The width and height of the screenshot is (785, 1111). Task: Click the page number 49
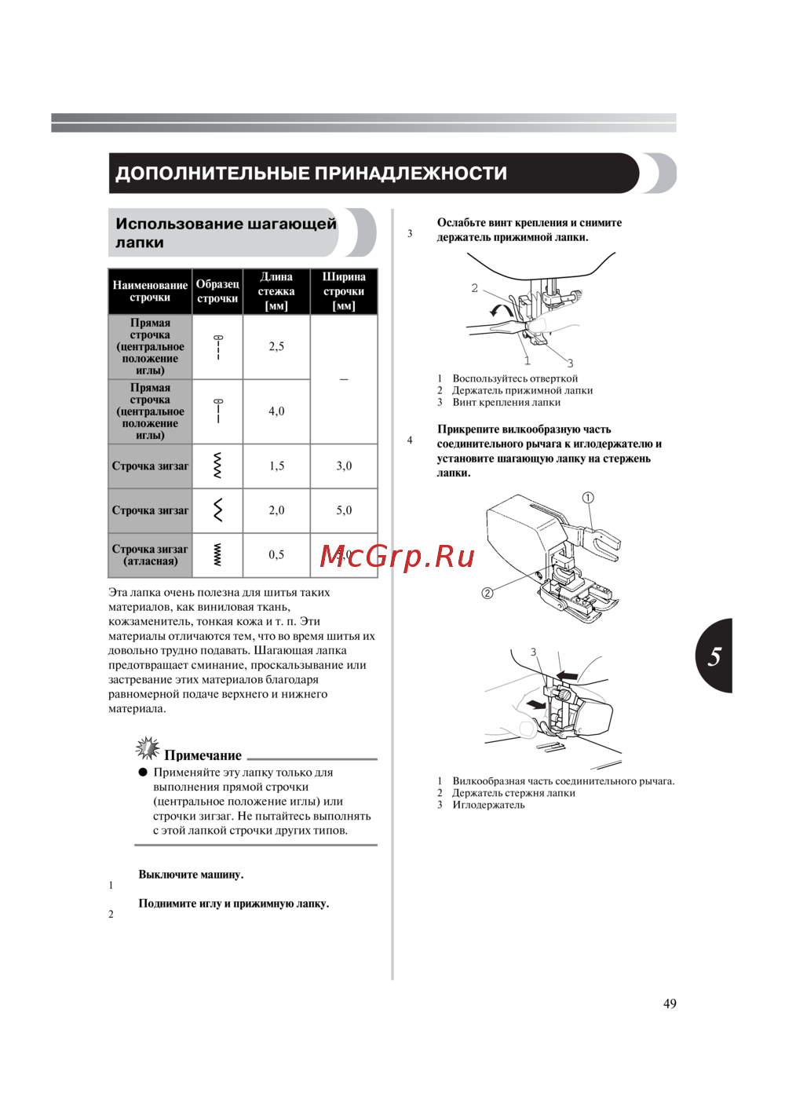coord(670,1003)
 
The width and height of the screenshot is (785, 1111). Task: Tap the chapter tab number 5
coord(714,656)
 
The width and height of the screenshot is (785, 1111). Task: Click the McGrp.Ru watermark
coord(397,557)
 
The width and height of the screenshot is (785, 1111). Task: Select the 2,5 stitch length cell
coord(276,346)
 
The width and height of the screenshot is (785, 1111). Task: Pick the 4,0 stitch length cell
coord(276,411)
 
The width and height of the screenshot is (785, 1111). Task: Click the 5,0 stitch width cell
coord(344,510)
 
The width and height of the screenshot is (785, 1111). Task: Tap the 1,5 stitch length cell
coord(276,466)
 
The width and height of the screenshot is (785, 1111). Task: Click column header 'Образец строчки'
coord(217,291)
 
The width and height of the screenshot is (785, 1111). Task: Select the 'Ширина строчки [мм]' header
coord(344,291)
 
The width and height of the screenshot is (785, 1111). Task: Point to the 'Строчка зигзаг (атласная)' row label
coord(150,555)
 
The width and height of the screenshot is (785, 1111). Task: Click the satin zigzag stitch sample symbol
coord(217,555)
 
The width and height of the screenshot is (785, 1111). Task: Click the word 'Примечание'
coord(203,755)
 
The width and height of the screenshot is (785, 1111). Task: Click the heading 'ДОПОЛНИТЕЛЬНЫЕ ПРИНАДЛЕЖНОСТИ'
coord(311,174)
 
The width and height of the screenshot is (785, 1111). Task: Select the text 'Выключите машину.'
coord(191,874)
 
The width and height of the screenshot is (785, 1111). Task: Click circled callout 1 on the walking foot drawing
coord(588,498)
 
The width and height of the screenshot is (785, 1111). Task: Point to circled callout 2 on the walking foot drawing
coord(487,593)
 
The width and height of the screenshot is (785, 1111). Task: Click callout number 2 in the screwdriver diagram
coord(474,288)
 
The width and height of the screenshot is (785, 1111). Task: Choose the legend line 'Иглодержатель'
coord(488,805)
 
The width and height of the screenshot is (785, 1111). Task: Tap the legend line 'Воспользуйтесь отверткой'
coord(515,378)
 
